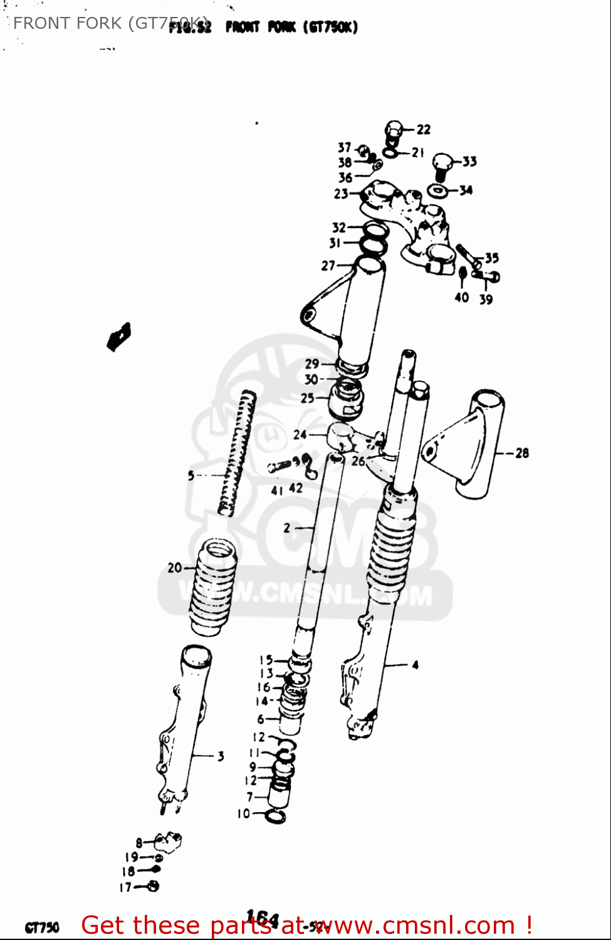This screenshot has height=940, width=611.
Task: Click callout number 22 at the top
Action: coord(424,129)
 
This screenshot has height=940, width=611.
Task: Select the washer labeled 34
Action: coord(437,190)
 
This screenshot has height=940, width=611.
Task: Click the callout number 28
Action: coord(521,452)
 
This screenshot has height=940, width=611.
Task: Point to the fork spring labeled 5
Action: coord(238,452)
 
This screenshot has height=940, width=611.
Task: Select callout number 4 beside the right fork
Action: coord(415,665)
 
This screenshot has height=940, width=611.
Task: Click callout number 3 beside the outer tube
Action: coord(220,756)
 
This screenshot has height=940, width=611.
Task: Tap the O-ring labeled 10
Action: coord(276,816)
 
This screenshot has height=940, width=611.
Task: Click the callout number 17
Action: coord(125,887)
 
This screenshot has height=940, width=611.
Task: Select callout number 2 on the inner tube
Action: coord(286,528)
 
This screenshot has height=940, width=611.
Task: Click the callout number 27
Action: coord(328,266)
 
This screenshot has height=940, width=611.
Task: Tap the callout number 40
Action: coord(461,298)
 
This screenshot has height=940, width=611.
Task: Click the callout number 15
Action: coord(266,660)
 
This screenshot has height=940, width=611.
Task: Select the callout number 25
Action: coord(307,398)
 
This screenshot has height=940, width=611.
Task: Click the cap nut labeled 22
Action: coord(392,130)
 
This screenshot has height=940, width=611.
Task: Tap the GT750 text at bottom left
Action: coord(41,927)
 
